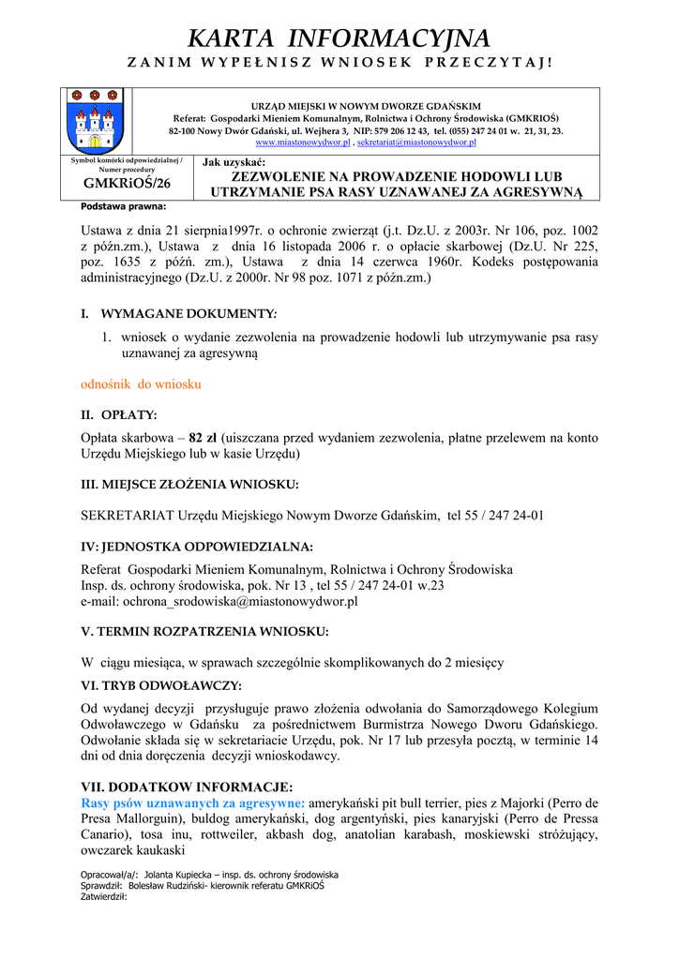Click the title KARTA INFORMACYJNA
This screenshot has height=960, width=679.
coord(339,38)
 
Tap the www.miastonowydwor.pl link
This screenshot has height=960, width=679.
coord(303,142)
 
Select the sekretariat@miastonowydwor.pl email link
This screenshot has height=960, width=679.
coord(416,142)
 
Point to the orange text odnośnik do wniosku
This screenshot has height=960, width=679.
coord(141,384)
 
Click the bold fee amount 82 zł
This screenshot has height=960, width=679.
coord(203,438)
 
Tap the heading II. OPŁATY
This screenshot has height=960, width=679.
coord(119,413)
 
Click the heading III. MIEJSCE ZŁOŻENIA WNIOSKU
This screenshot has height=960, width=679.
coord(189,484)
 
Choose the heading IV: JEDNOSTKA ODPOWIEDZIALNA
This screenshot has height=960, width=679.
coord(197,547)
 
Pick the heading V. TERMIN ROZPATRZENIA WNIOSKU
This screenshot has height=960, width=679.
coord(204,631)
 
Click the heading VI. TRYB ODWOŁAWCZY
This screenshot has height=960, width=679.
coord(161,685)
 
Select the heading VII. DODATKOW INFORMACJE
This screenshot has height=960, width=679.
coord(187,787)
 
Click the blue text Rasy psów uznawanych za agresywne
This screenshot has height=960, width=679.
coord(192,803)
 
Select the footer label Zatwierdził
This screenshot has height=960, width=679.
coord(103,896)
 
